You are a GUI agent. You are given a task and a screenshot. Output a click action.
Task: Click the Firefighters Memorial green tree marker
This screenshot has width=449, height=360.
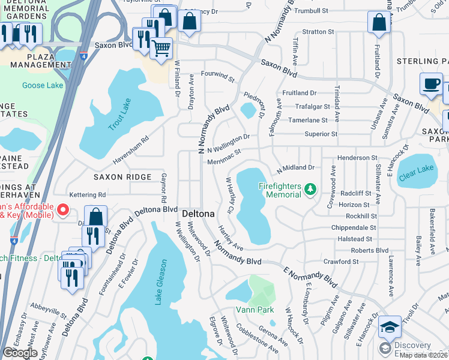pos(310,190)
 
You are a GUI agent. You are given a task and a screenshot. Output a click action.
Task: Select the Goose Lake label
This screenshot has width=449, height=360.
pos(42,86)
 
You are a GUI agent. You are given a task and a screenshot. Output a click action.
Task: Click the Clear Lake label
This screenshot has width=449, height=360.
pos(417,169)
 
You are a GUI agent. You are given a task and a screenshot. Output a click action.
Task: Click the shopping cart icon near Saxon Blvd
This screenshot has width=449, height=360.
pos(161,47)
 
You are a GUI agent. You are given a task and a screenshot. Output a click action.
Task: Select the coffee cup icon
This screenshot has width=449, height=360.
pos(430,83)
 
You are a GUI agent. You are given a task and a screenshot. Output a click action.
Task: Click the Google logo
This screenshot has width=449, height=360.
pos(20,353)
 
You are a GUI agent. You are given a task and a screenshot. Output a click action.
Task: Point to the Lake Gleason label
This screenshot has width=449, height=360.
pos(159,283)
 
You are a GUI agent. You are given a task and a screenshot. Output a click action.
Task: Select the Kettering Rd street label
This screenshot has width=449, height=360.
pos(87,195)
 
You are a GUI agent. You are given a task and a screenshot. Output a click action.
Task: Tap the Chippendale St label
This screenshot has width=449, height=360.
pos(354,228)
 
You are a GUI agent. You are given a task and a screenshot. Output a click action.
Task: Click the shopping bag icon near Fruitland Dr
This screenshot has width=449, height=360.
pos(379,23)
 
